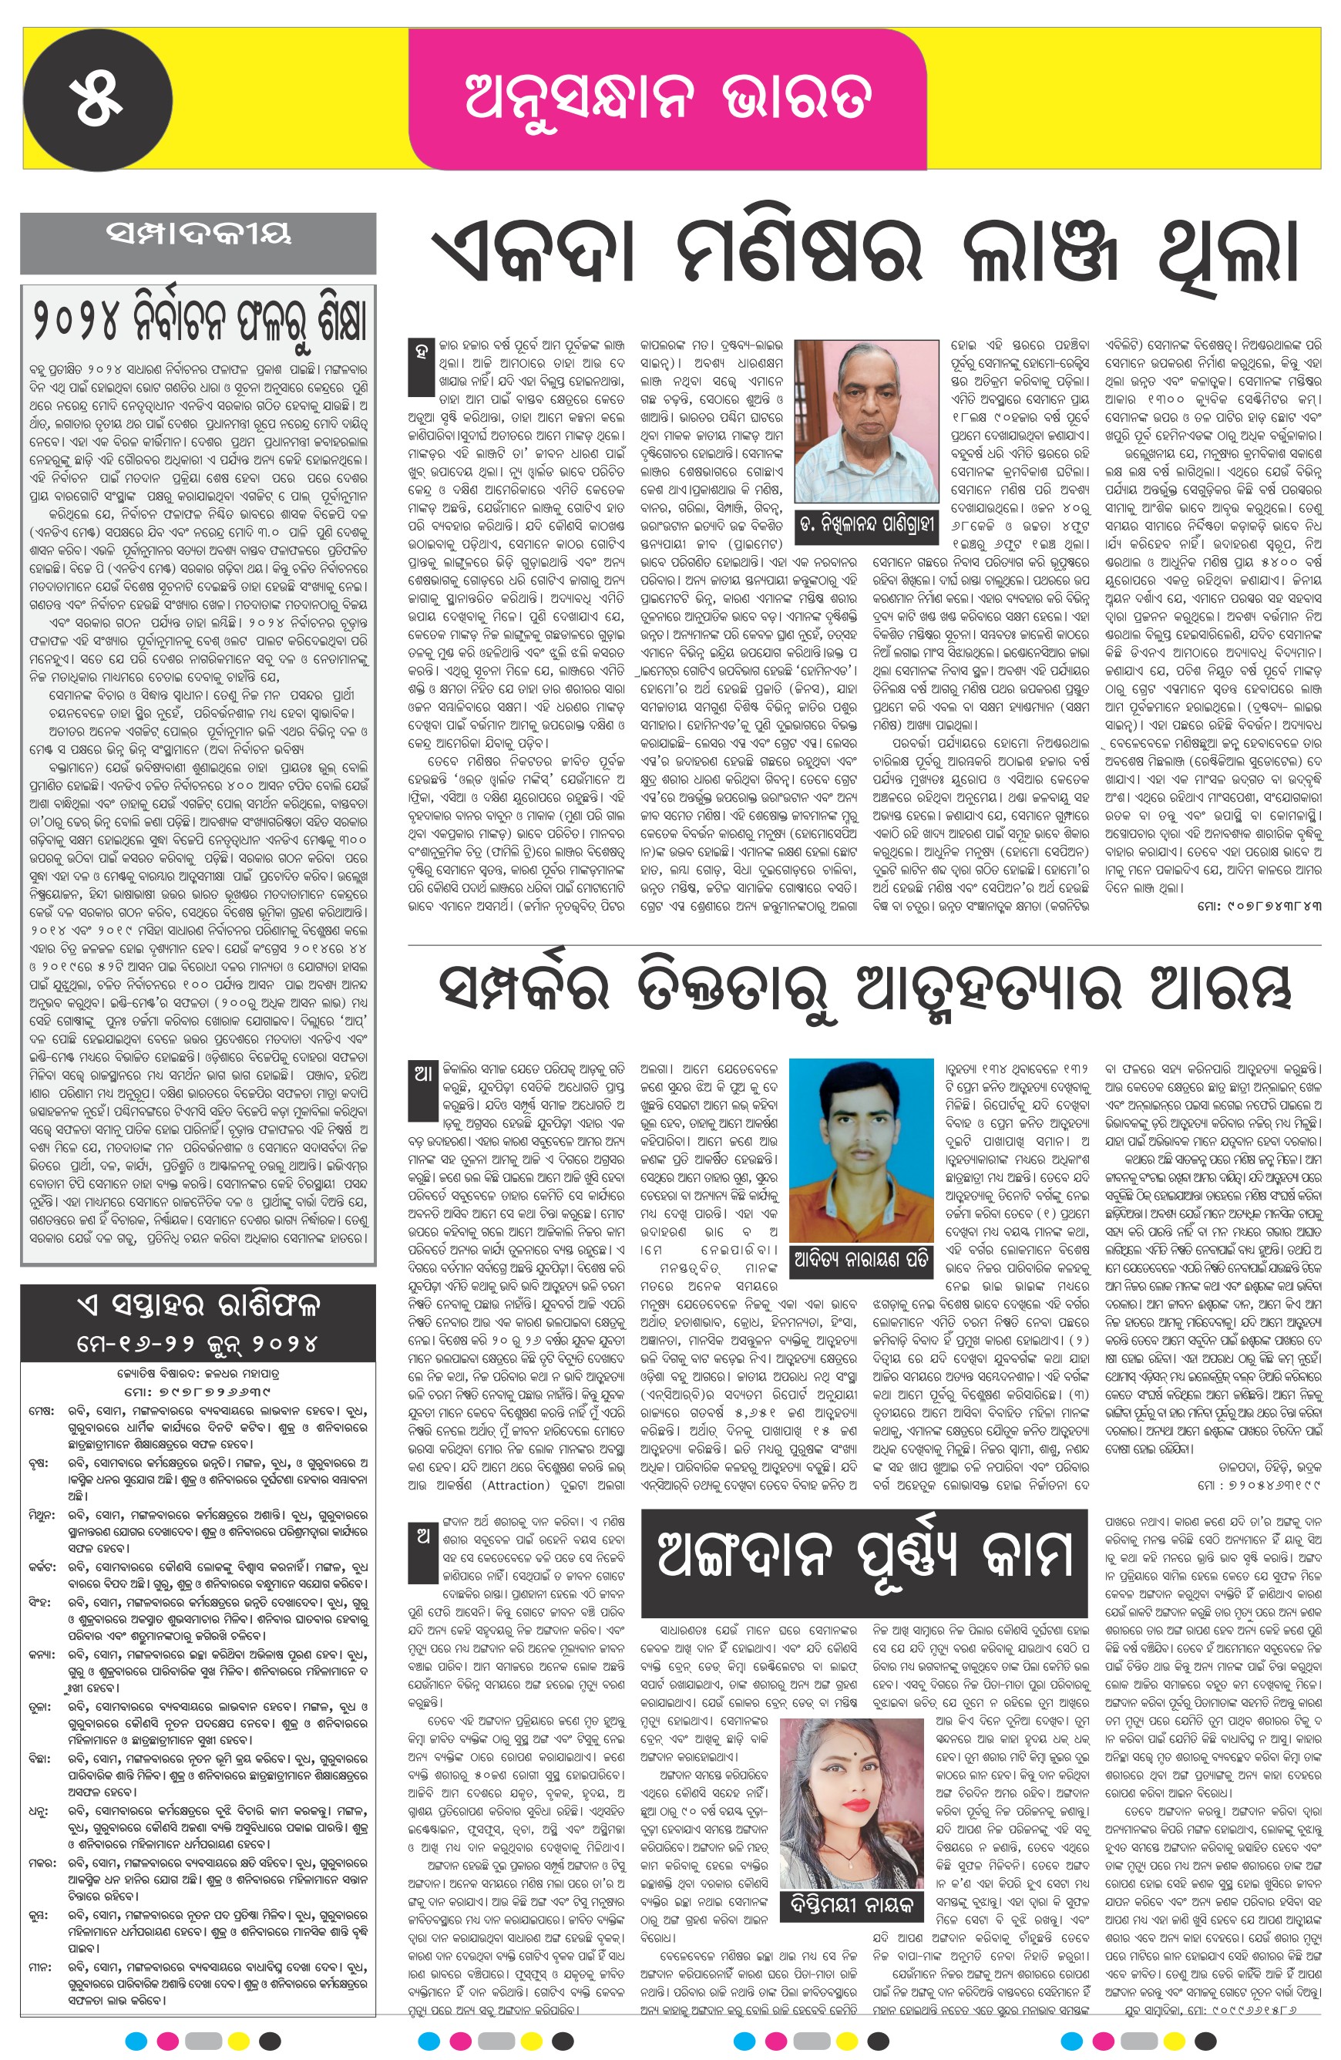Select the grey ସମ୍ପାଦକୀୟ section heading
pyautogui.click(x=198, y=233)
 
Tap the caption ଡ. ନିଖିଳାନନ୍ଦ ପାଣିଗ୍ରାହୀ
pyautogui.click(x=866, y=525)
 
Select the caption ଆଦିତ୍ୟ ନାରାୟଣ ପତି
pyautogui.click(x=861, y=1261)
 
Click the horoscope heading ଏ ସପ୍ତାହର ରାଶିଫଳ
pyautogui.click(x=198, y=1304)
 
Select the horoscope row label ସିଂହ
pyautogui.click(x=41, y=1602)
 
